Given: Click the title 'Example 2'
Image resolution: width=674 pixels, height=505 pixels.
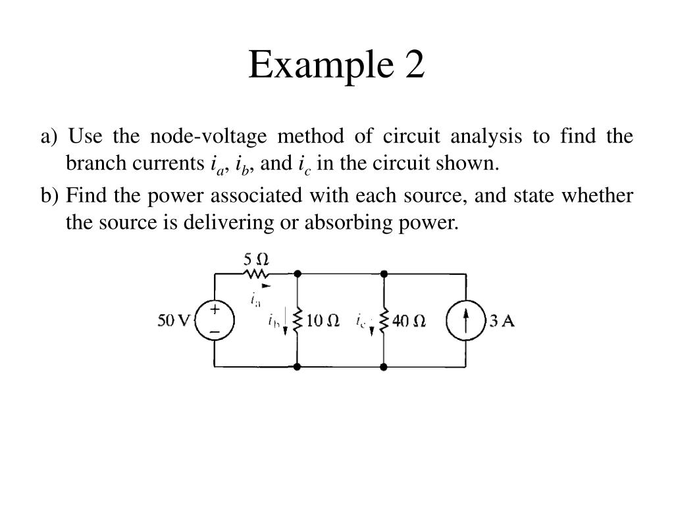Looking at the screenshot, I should pyautogui.click(x=336, y=65).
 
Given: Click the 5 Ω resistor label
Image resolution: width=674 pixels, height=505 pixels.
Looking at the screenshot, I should pyautogui.click(x=255, y=257).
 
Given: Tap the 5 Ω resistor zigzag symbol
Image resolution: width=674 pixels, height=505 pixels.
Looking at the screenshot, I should pyautogui.click(x=256, y=272).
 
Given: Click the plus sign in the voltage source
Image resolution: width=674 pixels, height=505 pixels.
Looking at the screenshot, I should pyautogui.click(x=215, y=309).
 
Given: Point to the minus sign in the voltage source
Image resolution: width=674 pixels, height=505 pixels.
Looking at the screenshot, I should pyautogui.click(x=215, y=332).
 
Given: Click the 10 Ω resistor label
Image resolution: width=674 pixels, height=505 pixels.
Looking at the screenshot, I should pyautogui.click(x=323, y=321).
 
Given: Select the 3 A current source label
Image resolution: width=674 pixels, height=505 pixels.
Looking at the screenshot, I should pyautogui.click(x=502, y=321).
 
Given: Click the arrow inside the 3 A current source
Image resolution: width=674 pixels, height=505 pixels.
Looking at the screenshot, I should pyautogui.click(x=466, y=320).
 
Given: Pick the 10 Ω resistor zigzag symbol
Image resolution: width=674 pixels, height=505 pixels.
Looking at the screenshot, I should pyautogui.click(x=298, y=320).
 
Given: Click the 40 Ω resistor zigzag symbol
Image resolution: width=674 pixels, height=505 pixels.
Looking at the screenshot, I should pyautogui.click(x=384, y=320).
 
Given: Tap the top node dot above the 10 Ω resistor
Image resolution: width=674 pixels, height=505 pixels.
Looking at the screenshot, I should pyautogui.click(x=298, y=273).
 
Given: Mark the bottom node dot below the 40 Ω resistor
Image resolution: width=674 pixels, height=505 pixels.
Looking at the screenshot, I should pyautogui.click(x=384, y=366).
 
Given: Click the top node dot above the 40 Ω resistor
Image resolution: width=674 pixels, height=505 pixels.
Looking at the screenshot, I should pyautogui.click(x=384, y=273).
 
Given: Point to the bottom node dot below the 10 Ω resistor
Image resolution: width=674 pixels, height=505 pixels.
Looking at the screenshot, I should pyautogui.click(x=298, y=366).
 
